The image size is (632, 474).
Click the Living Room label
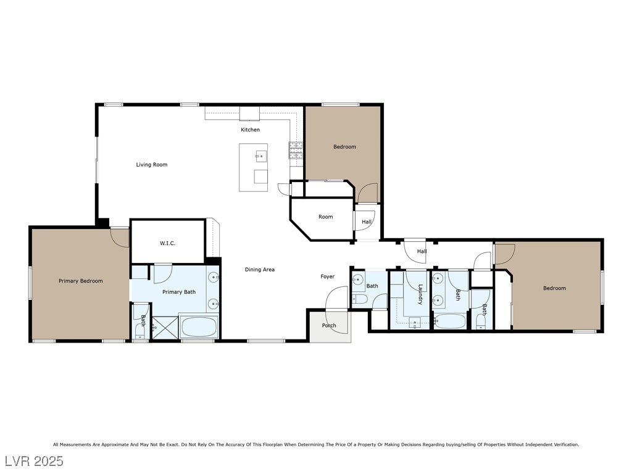152,164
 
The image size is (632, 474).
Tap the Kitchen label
251,130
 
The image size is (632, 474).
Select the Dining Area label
260,269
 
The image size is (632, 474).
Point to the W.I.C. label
167,243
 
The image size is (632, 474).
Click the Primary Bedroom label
81,281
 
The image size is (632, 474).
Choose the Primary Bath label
179,292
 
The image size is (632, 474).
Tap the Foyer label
327,276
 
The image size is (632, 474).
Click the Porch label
329,325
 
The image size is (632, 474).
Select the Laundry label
420,294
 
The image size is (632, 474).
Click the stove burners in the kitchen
296,151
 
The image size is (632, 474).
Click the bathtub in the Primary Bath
199,327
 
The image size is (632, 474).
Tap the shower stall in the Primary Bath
164,328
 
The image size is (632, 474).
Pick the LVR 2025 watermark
35,461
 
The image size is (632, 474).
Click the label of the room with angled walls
326,217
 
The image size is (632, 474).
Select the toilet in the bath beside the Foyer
359,299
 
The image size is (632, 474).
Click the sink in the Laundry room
415,322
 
